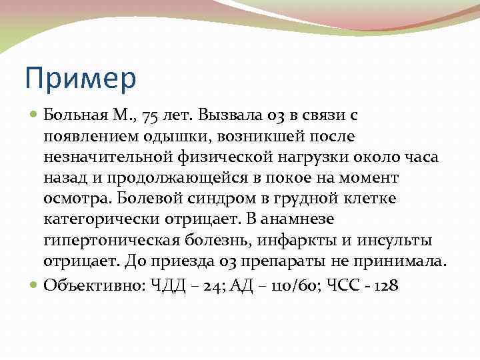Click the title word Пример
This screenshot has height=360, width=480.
coord(80,79)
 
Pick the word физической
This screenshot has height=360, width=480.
coord(214,157)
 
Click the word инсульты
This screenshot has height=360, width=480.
coord(393,240)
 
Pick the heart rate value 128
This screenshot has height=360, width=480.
coord(385,285)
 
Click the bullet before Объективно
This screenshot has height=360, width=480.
coord(35,285)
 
